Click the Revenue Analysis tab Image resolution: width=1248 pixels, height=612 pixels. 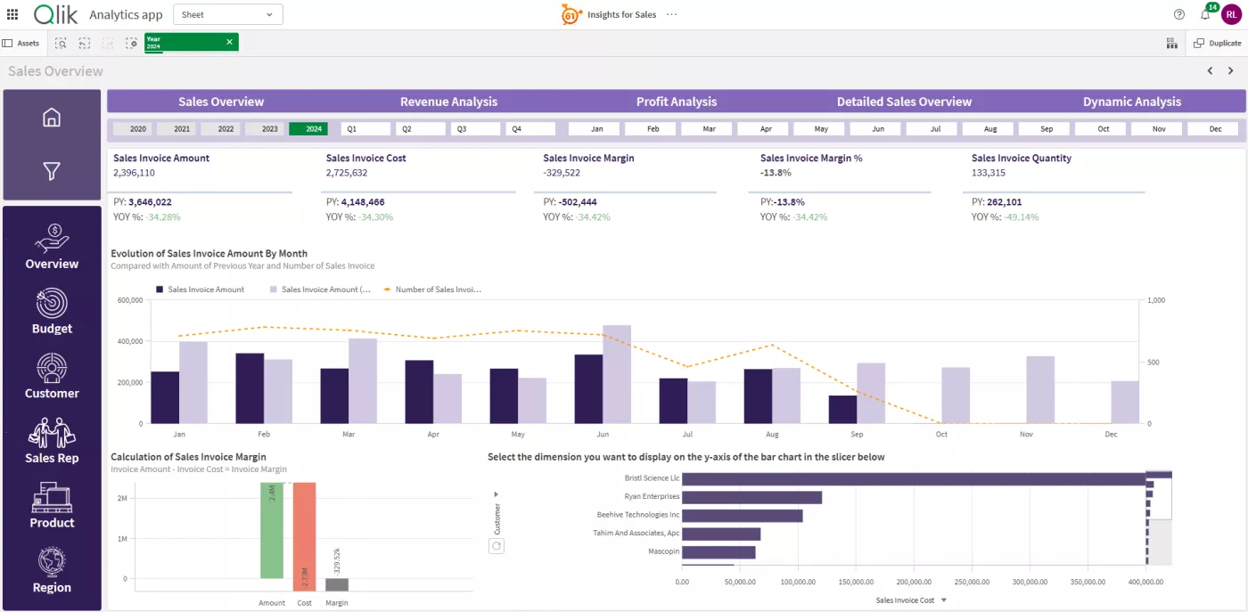[448, 102]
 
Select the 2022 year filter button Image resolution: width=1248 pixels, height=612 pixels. [226, 129]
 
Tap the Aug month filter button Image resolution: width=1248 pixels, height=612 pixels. [990, 129]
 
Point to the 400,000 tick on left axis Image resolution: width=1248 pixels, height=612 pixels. [130, 341]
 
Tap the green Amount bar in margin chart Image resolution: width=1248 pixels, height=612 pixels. [272, 530]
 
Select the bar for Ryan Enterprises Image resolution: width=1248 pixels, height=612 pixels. [751, 497]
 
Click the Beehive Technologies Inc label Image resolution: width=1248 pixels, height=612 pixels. [638, 515]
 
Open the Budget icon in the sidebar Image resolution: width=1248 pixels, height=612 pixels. [52, 304]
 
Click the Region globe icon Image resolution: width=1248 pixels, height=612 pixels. [52, 563]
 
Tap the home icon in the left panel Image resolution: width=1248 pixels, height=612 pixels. [52, 118]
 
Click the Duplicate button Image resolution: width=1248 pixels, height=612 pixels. [1217, 43]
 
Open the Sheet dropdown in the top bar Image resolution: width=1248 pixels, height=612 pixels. [227, 14]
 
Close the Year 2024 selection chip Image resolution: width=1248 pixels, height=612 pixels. [229, 42]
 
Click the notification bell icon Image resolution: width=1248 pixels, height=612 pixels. [1206, 15]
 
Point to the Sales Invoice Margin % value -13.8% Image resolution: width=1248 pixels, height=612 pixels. [776, 173]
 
